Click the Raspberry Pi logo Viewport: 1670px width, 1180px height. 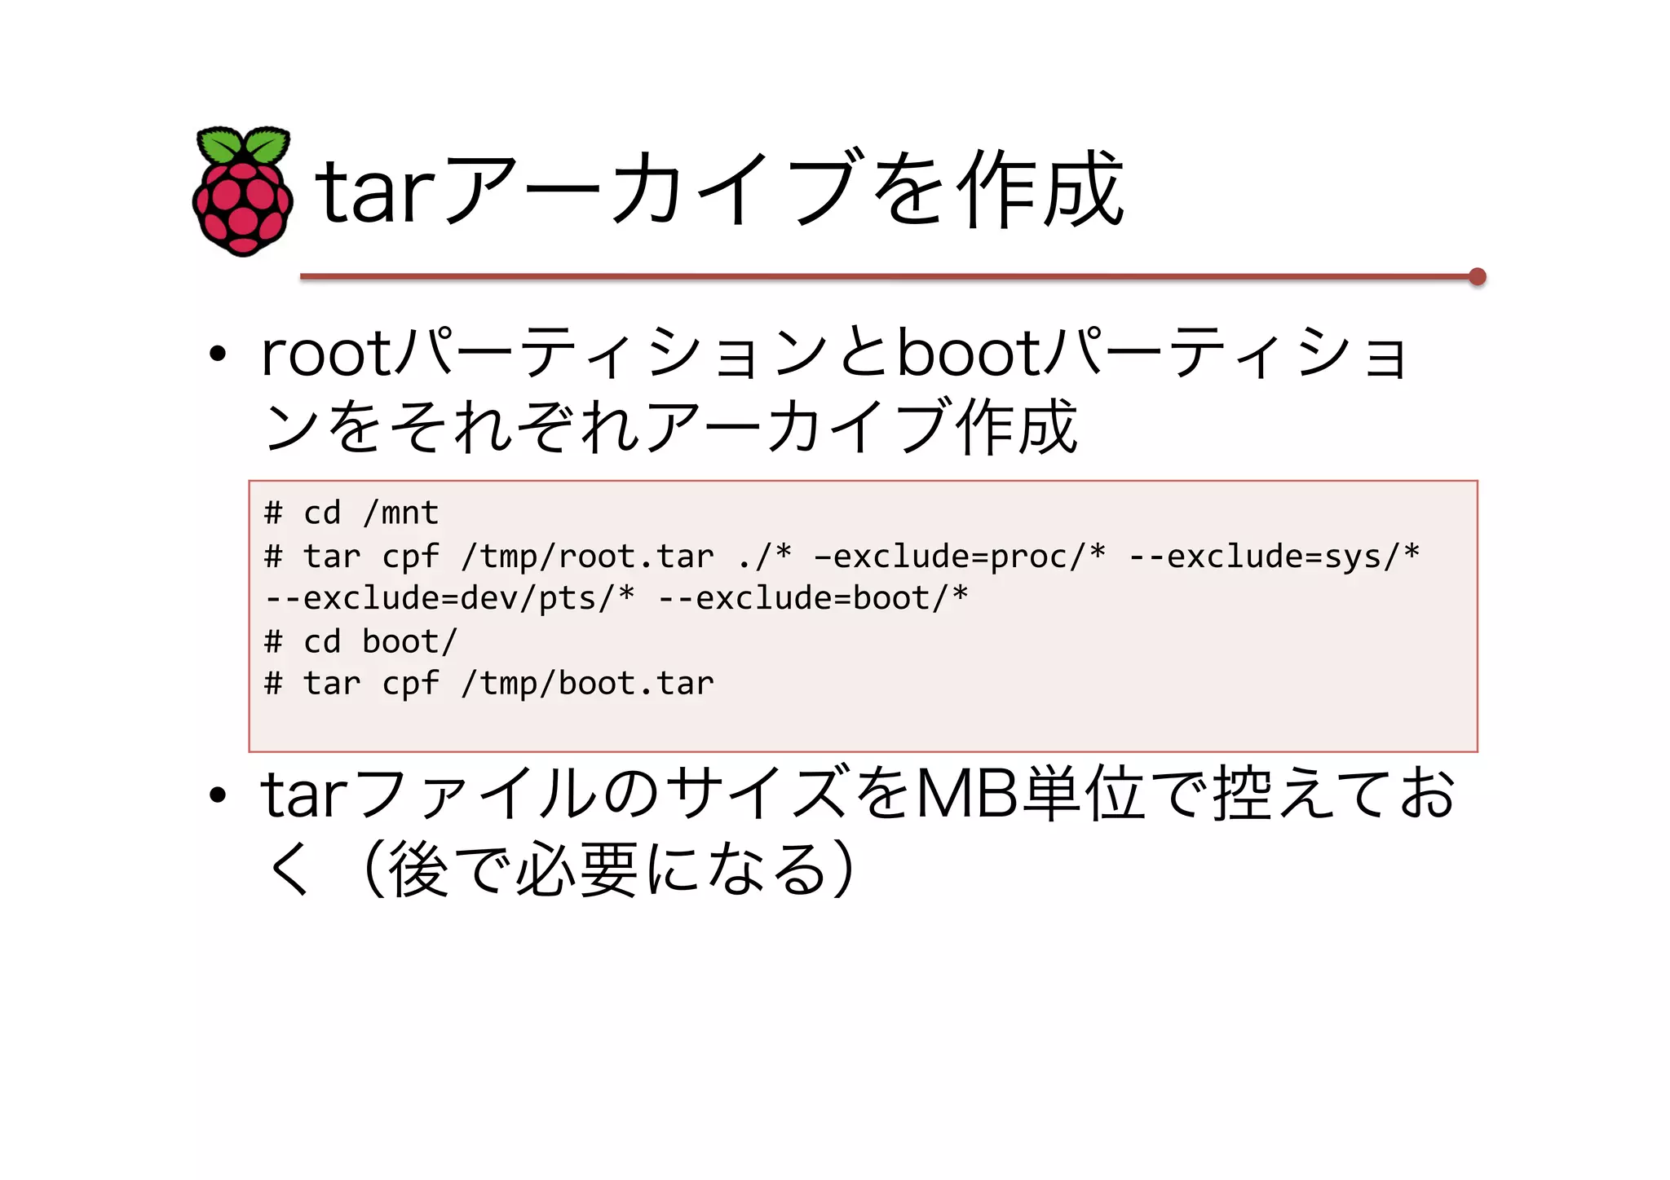pos(243,192)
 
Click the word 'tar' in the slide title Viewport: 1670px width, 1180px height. pos(374,192)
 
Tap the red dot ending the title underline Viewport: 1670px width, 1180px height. pos(1477,277)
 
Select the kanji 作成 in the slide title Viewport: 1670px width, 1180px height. pos(1041,190)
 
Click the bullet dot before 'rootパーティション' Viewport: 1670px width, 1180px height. pos(217,354)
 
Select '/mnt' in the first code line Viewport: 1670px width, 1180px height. pos(401,513)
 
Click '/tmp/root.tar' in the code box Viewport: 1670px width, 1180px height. pos(587,557)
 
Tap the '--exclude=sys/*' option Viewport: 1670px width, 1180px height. pos(1275,557)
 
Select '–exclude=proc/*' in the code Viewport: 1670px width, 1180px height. pos(961,557)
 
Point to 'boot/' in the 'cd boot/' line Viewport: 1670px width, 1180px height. pos(410,642)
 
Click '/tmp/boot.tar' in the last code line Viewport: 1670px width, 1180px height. pos(587,684)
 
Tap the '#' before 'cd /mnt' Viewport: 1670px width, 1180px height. pos(273,513)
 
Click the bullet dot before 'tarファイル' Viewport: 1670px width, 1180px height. pos(217,795)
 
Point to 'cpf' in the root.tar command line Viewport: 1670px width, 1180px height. pos(410,557)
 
